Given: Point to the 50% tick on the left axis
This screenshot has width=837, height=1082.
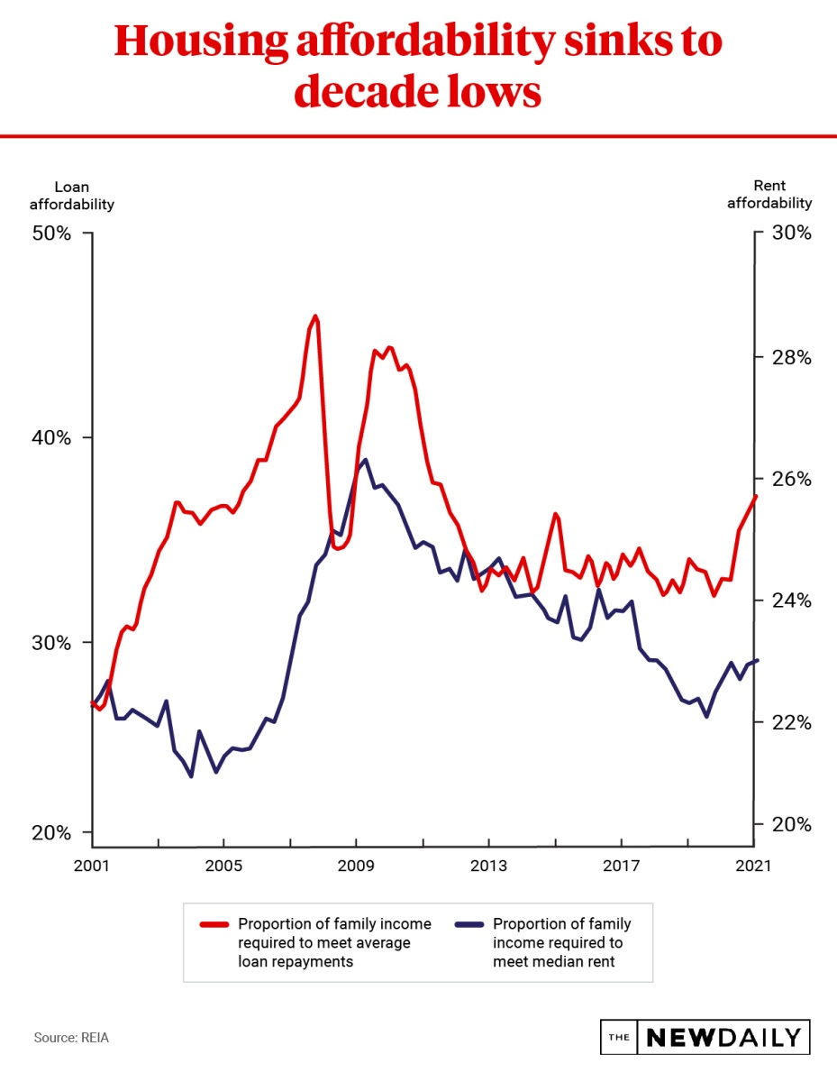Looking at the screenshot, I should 88,234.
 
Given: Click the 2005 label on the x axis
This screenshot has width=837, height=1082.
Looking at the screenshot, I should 223,866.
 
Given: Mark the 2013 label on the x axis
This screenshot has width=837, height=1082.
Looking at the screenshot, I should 488,866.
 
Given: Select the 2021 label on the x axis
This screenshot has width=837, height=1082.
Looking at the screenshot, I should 753,866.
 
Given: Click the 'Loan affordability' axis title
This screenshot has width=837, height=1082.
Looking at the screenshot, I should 72,196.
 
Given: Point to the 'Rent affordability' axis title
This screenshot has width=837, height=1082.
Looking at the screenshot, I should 769,195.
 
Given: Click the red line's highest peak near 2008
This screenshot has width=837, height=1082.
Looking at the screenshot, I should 315,316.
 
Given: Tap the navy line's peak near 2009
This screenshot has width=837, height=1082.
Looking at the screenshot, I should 364,460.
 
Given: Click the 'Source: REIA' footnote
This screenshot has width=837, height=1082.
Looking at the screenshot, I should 71,1038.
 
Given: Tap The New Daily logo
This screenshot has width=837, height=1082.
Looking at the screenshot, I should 705,1037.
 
